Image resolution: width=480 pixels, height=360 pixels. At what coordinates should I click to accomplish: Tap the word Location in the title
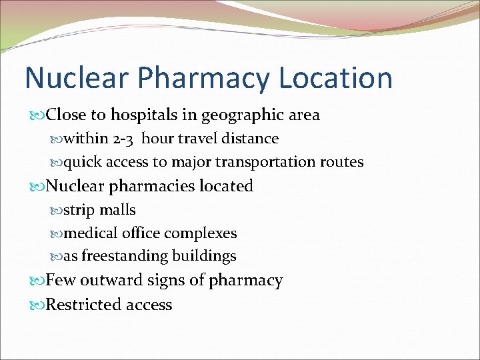point(336,78)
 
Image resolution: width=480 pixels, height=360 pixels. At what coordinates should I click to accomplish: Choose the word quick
point(83,162)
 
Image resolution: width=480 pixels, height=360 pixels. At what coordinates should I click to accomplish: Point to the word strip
point(79,210)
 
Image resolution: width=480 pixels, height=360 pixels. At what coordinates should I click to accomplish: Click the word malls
point(117,210)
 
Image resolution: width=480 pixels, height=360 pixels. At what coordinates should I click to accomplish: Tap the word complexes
point(201,233)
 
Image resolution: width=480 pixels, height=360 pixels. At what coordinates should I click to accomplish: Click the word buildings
point(204,256)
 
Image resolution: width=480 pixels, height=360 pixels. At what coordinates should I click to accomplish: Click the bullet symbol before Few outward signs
point(38,281)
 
